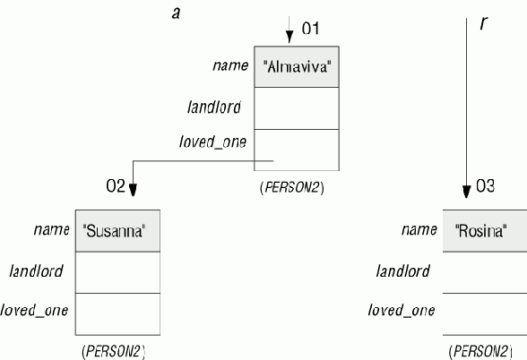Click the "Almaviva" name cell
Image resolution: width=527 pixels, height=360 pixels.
tap(297, 67)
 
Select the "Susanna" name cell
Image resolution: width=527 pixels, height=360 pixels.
tap(117, 231)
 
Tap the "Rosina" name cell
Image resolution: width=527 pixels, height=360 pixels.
tap(485, 231)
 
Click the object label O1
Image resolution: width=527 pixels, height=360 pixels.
tap(310, 29)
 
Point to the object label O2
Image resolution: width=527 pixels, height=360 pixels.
tap(116, 185)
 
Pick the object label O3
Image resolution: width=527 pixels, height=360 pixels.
tap(486, 185)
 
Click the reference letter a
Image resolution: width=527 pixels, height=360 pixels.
tap(176, 13)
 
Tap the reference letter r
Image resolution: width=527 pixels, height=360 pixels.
tap(483, 23)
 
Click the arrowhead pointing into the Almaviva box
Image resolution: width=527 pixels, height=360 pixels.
tap(289, 37)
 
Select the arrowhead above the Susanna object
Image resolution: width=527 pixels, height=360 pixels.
tap(133, 190)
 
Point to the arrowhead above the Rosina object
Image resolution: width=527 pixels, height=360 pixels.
tap(466, 192)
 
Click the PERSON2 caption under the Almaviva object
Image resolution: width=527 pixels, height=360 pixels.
tap(292, 187)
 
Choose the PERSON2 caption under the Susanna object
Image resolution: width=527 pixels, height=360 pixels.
tap(113, 352)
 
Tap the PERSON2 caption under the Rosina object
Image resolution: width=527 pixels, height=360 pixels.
tap(480, 352)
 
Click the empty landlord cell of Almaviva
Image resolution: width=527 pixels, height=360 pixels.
tap(297, 108)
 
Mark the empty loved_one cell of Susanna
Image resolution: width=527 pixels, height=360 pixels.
tap(117, 314)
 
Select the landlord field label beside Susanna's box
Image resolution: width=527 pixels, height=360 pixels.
tap(36, 271)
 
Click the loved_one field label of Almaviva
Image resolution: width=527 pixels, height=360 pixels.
tap(212, 141)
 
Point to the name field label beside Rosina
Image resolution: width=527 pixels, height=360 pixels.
tap(419, 229)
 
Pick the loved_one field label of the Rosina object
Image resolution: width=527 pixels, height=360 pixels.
tap(402, 310)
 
